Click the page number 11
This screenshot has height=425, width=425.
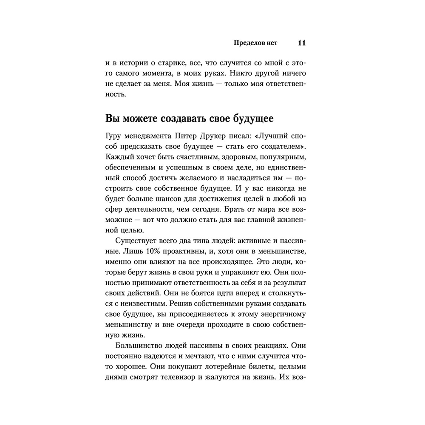(x=302, y=43)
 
